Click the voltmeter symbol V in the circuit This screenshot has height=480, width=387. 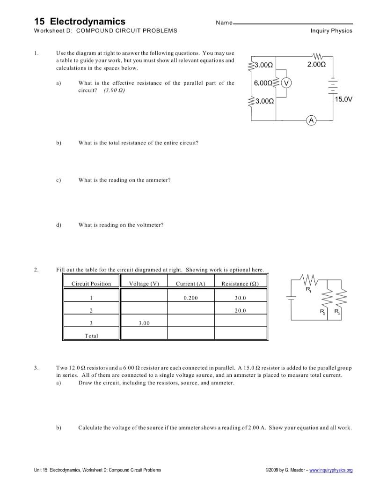pos(286,83)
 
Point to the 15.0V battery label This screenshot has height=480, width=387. pos(343,99)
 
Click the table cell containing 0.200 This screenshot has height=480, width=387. pos(190,298)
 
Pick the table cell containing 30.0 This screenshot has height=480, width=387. pos(240,298)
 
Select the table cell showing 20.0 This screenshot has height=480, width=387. pos(240,310)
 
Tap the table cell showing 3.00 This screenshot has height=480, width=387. pos(144,323)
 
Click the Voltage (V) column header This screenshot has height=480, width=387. pos(144,284)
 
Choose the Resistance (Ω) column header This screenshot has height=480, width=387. pos(240,284)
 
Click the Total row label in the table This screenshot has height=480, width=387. pos(91,336)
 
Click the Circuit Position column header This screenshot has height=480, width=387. pos(91,284)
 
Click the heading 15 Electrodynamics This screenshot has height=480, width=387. pos(80,22)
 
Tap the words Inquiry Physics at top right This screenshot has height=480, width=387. pos(331,31)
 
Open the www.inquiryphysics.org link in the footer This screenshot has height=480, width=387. pos(331,470)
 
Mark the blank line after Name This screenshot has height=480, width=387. pos(295,23)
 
